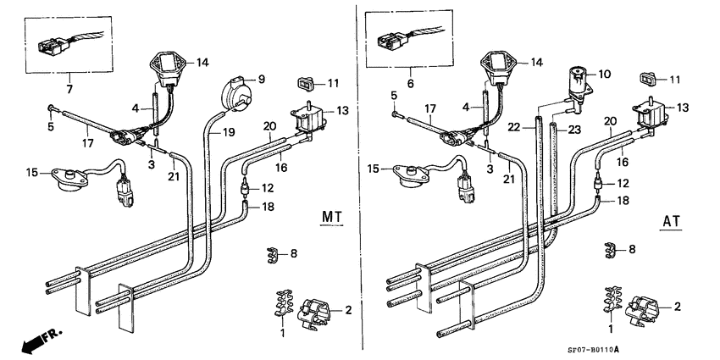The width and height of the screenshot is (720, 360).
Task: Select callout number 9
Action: point(262,80)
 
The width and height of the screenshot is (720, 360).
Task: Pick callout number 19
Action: point(229,133)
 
